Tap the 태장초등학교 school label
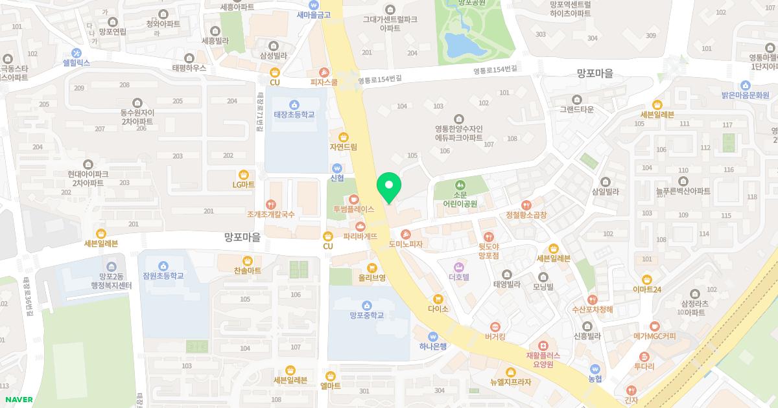pyautogui.click(x=294, y=114)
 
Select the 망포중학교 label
pyautogui.click(x=367, y=315)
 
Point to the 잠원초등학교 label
pyautogui.click(x=163, y=276)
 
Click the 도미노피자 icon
pyautogui.click(x=406, y=234)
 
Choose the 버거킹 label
pyautogui.click(x=495, y=336)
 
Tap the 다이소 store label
pyautogui.click(x=438, y=309)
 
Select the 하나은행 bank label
pyautogui.click(x=433, y=346)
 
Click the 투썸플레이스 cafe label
pyautogui.click(x=354, y=209)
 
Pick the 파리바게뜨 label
pyautogui.click(x=360, y=236)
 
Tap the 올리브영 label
pyautogui.click(x=372, y=277)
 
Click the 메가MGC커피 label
pyautogui.click(x=655, y=336)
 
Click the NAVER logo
pyautogui.click(x=19, y=400)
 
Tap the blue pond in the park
pyautogui.click(x=462, y=45)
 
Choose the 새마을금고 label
pyautogui.click(x=314, y=14)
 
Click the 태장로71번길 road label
pyautogui.click(x=259, y=111)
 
